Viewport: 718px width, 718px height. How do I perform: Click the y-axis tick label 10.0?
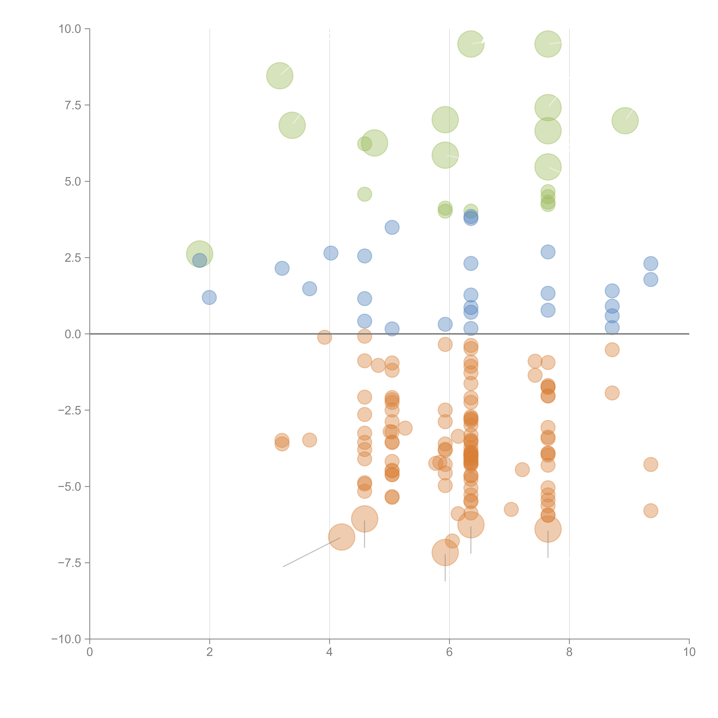[x=70, y=29]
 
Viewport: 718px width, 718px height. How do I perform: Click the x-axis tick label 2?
[x=210, y=652]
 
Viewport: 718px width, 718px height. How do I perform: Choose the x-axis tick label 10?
[x=689, y=652]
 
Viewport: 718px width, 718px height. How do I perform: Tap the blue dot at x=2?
[x=209, y=297]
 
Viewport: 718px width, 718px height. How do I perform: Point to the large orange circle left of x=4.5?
[x=341, y=537]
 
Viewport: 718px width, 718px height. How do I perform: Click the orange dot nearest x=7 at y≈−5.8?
[x=511, y=509]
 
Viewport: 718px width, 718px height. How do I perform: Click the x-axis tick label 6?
[x=449, y=652]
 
